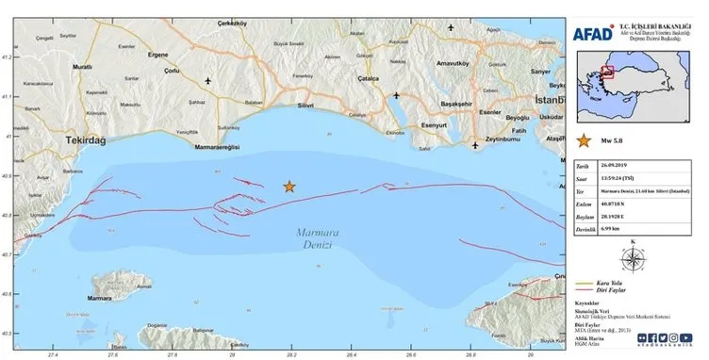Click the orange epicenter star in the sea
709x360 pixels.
289,187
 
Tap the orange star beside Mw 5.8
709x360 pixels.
584,143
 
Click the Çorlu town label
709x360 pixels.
144,70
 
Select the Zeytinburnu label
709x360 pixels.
502,137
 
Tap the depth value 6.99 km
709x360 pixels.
626,226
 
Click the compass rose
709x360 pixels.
633,257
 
